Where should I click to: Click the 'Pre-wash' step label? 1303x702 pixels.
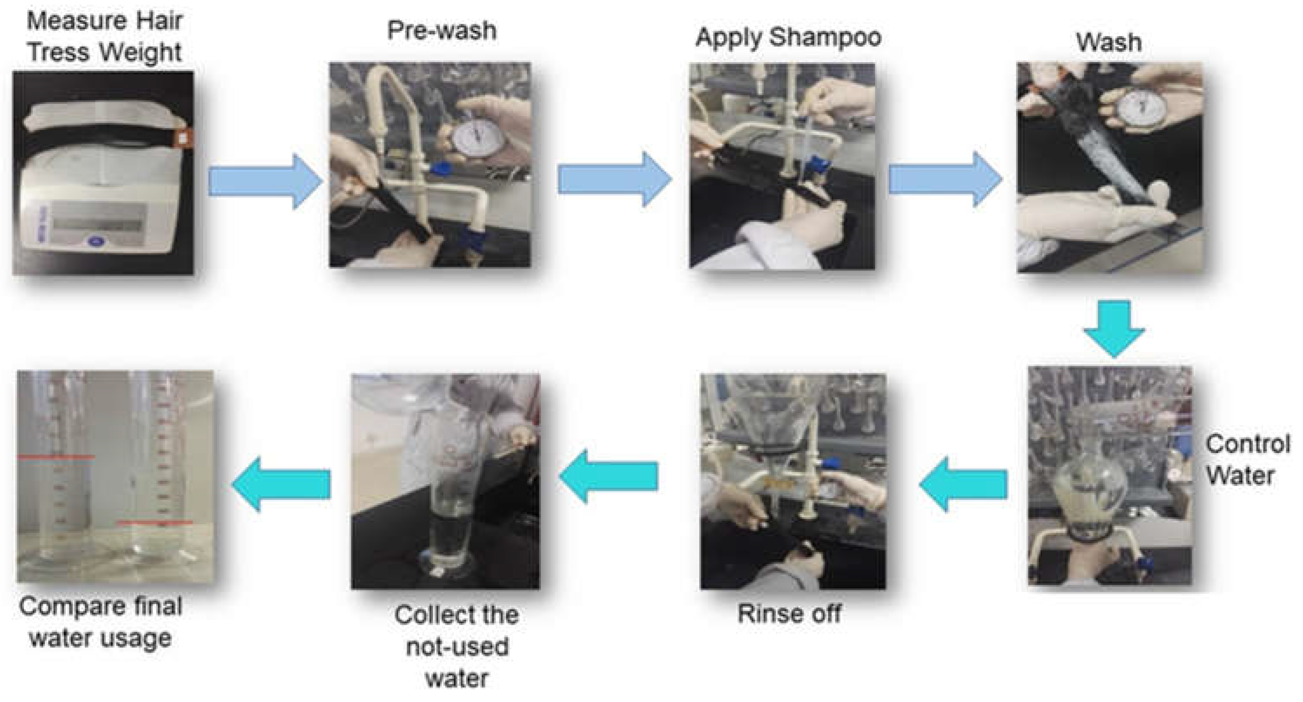[x=442, y=30]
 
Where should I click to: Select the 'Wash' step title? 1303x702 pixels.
[x=1109, y=42]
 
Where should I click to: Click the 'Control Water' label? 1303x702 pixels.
[x=1247, y=460]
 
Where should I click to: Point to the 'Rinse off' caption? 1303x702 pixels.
[x=789, y=613]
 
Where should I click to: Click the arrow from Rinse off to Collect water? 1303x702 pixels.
[x=609, y=477]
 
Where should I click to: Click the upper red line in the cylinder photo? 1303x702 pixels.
[x=56, y=457]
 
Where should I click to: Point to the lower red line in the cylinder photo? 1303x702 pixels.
[x=154, y=522]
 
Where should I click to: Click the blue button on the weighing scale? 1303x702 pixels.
[x=95, y=242]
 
